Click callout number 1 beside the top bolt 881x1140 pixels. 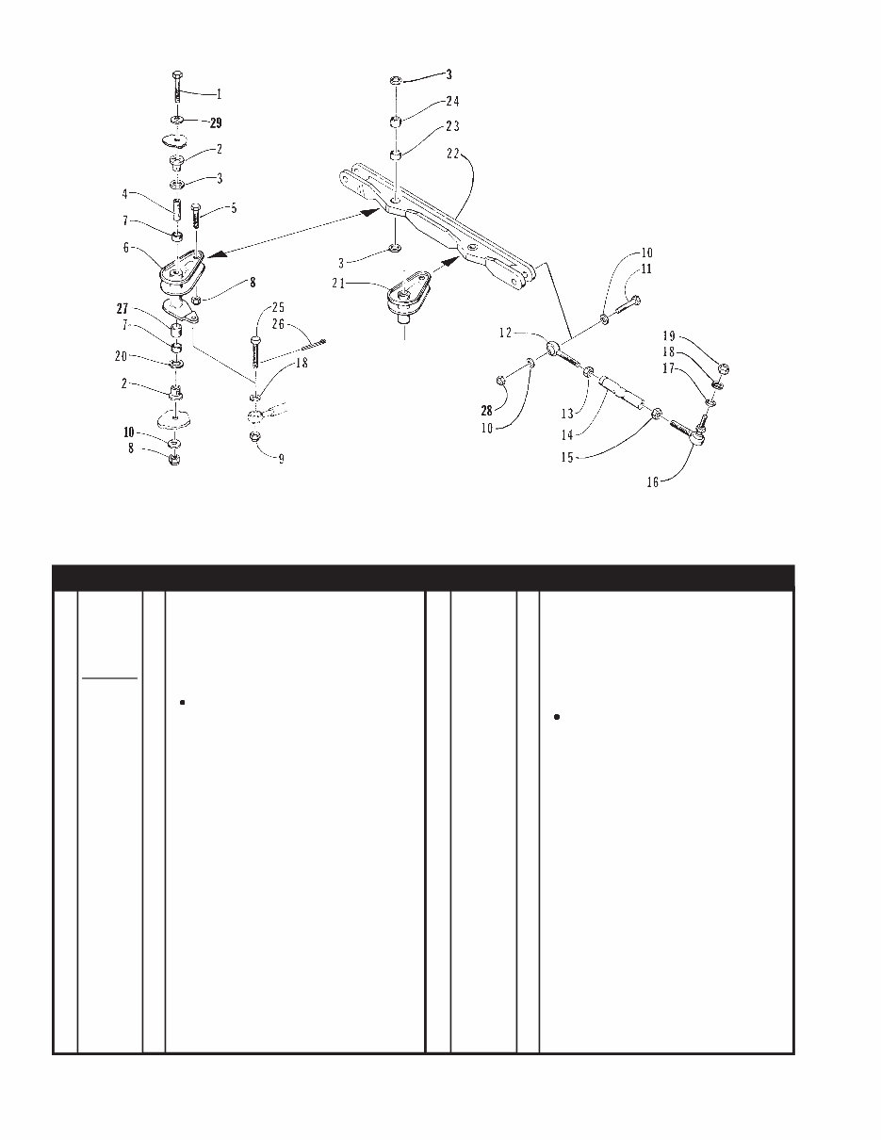point(219,93)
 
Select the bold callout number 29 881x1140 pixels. point(216,123)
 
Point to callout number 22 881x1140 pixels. point(455,155)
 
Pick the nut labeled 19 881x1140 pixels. point(723,368)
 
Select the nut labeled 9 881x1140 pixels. point(254,438)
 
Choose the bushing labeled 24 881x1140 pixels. point(397,122)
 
